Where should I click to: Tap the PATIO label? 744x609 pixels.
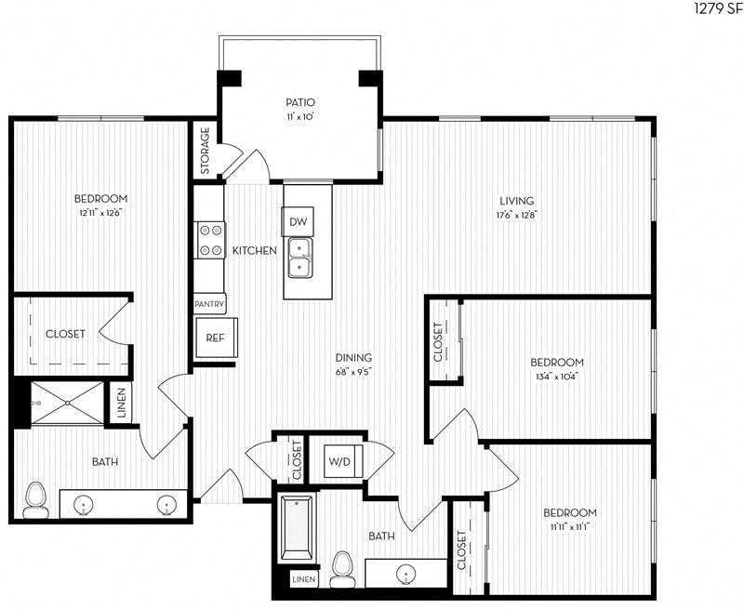tap(299, 102)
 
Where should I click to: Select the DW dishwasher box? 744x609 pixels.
tap(297, 221)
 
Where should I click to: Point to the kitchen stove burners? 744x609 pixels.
tap(209, 240)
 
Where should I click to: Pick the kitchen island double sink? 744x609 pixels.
tap(299, 257)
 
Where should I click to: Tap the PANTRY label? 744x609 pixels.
tap(209, 304)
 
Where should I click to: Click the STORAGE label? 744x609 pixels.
tap(206, 151)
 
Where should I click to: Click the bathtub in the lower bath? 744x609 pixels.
tap(298, 527)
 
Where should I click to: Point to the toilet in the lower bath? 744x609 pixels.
tap(342, 568)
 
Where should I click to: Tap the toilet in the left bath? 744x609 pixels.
tap(36, 499)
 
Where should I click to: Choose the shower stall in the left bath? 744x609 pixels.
tap(67, 403)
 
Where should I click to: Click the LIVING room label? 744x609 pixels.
tap(517, 201)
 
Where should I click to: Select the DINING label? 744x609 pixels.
tap(354, 357)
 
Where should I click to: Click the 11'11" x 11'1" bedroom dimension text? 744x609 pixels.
tap(570, 526)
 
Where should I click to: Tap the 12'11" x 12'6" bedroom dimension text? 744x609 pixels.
tap(100, 212)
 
